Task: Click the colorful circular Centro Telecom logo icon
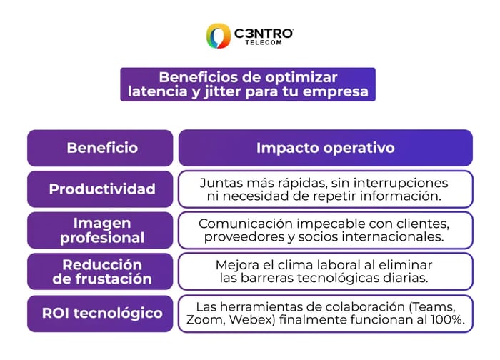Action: point(218,36)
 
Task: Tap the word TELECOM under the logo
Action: point(264,43)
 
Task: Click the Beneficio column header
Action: point(101,148)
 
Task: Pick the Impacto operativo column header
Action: point(325,148)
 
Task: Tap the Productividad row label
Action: point(101,189)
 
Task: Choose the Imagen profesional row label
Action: point(101,230)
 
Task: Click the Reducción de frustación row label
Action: point(101,271)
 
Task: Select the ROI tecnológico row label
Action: point(101,313)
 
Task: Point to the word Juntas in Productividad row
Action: point(219,182)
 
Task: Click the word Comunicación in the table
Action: point(243,224)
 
